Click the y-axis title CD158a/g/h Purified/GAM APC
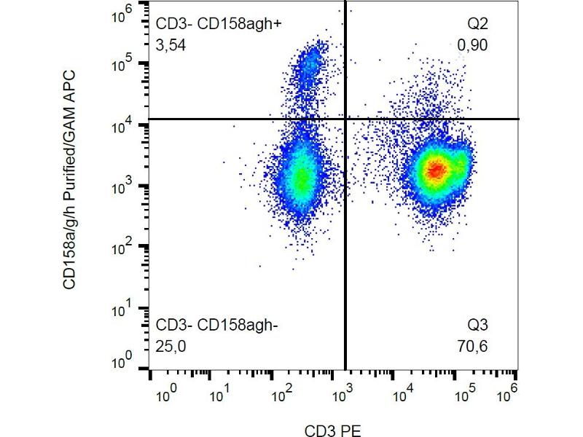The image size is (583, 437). [70, 179]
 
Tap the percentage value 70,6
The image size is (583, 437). [473, 346]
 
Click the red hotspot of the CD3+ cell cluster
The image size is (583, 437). [435, 170]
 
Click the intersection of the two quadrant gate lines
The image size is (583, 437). [344, 119]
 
